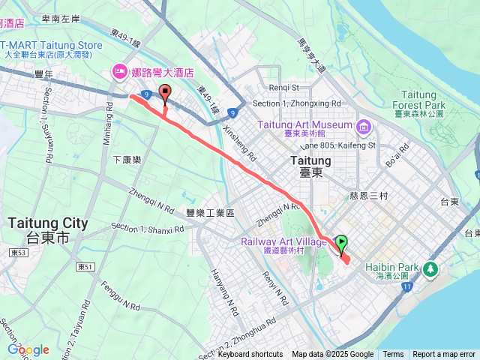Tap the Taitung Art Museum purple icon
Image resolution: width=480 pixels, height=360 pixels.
tap(364, 124)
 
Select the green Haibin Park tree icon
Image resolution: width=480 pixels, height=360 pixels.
tap(430, 268)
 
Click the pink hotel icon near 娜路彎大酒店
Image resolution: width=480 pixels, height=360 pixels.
tap(118, 72)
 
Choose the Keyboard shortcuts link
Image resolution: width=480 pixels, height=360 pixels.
tap(250, 355)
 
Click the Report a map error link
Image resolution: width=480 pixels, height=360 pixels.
tap(444, 355)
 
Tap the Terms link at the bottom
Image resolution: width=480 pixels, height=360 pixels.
tap(393, 355)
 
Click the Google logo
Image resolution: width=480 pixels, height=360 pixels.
tap(28, 349)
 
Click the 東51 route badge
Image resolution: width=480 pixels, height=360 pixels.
tap(85, 266)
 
